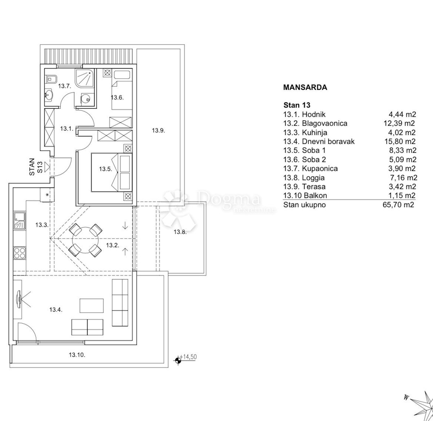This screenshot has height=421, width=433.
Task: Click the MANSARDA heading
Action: [305, 87]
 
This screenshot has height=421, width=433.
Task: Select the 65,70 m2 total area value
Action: [398, 205]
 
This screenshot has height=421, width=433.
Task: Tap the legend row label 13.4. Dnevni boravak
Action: [319, 141]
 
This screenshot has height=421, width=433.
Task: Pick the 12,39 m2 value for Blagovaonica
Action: [399, 123]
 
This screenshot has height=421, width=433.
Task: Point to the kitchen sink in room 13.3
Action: [20, 221]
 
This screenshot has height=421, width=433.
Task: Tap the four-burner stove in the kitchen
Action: [20, 253]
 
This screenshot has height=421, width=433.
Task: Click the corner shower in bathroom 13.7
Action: [84, 78]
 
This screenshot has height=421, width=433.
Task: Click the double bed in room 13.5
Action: [112, 172]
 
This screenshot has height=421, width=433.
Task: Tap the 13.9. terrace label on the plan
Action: [158, 130]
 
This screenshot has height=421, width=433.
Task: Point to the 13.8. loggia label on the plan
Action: [180, 232]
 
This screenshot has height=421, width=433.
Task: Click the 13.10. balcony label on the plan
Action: [77, 355]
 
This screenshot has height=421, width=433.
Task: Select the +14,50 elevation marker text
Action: [188, 357]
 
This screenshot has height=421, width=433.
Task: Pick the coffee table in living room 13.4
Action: [91, 306]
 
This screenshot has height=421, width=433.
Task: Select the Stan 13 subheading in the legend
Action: [297, 105]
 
